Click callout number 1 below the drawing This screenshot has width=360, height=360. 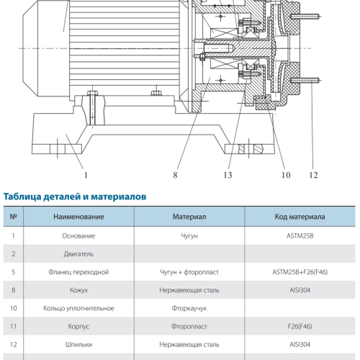click(86, 175)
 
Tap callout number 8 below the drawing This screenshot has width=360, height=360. click(175, 175)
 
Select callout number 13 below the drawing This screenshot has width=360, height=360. click(228, 175)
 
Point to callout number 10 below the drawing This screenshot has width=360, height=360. click(286, 175)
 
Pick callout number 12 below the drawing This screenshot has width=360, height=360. click(313, 175)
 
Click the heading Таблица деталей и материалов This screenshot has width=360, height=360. click(75, 197)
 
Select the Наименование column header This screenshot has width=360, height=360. click(78, 217)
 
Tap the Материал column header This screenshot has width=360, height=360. click(189, 217)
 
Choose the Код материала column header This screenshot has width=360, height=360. click(300, 217)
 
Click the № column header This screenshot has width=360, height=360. click(13, 217)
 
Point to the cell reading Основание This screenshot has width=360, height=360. click(78, 236)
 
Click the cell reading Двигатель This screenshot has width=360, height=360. click(78, 254)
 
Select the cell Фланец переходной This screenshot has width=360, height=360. click(78, 272)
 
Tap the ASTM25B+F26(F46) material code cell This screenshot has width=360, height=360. click(300, 272)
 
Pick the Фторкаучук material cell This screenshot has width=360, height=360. click(189, 308)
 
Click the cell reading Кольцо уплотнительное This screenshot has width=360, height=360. click(78, 308)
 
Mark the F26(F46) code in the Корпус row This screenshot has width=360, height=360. click(300, 326)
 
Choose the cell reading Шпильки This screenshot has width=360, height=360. click(78, 345)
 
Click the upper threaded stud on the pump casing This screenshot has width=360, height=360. click(305, 17)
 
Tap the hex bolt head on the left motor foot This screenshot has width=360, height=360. click(92, 93)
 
